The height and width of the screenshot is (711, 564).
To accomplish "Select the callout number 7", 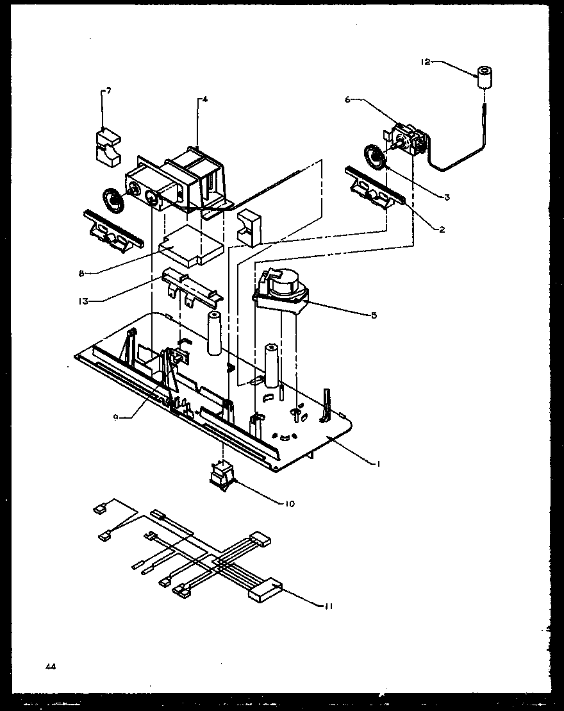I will tap(108, 91).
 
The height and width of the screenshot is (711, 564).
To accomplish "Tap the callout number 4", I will tap(204, 99).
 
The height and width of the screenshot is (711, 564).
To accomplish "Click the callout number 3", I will tap(447, 197).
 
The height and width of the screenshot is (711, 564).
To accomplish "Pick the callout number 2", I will tap(442, 229).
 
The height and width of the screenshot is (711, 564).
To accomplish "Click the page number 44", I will tap(50, 667).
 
